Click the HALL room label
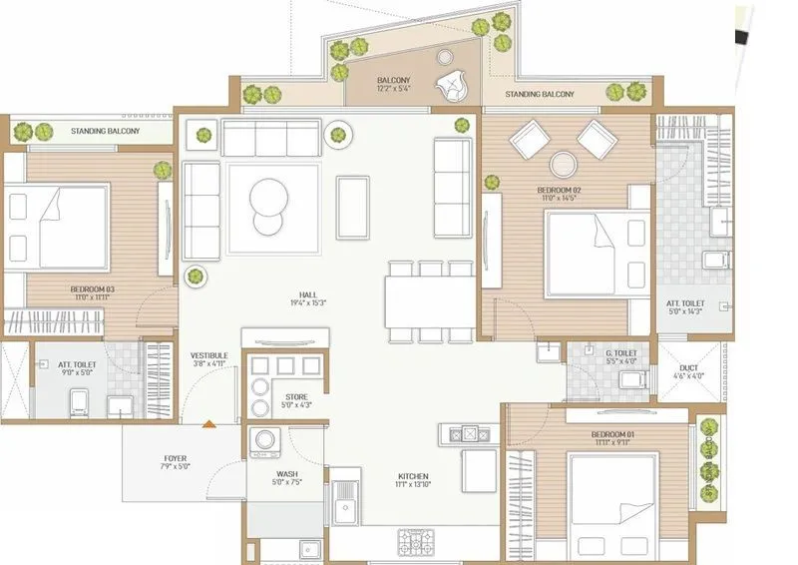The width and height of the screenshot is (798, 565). click(x=309, y=295)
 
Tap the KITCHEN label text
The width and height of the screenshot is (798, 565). click(x=413, y=476)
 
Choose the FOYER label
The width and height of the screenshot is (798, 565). click(x=175, y=459)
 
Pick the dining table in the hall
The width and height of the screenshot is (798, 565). click(x=431, y=300)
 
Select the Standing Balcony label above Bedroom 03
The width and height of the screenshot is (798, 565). click(x=106, y=131)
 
